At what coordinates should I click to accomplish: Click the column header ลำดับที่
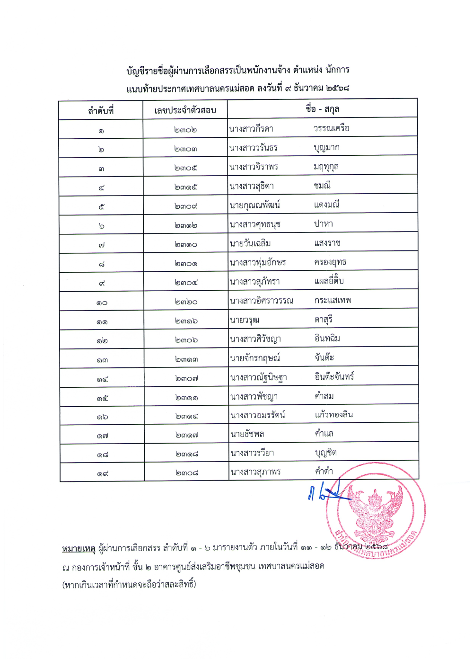(x=101, y=111)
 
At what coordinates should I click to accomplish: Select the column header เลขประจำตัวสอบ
(x=185, y=110)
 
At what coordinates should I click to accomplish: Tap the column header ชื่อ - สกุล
(x=322, y=109)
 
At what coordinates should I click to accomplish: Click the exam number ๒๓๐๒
(x=185, y=130)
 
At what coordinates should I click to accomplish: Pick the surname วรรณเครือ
(x=332, y=128)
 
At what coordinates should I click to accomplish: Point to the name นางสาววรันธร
(x=254, y=148)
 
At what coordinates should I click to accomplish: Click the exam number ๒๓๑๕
(x=186, y=187)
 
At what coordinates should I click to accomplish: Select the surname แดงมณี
(x=327, y=205)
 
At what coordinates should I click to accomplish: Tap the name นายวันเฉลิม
(x=250, y=243)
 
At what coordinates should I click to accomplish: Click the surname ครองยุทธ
(x=330, y=262)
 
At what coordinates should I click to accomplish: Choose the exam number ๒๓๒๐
(x=186, y=302)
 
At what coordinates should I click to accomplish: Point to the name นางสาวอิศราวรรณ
(x=262, y=301)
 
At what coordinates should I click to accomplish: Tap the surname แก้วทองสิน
(x=334, y=415)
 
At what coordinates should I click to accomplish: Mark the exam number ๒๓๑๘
(x=187, y=454)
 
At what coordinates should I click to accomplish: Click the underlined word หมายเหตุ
(x=79, y=548)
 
